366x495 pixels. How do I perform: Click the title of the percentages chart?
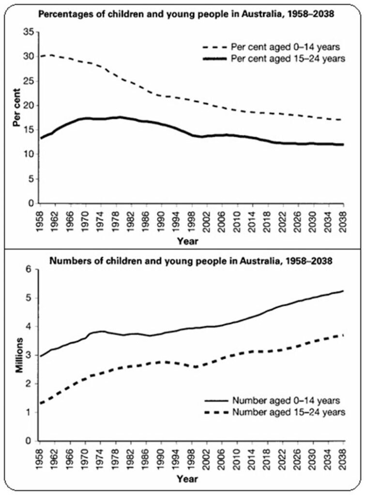click(187, 15)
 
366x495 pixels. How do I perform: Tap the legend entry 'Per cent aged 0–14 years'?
click(274, 47)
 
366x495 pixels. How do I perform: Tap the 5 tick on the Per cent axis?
click(30, 179)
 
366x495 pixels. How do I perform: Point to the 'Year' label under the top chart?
click(187, 239)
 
